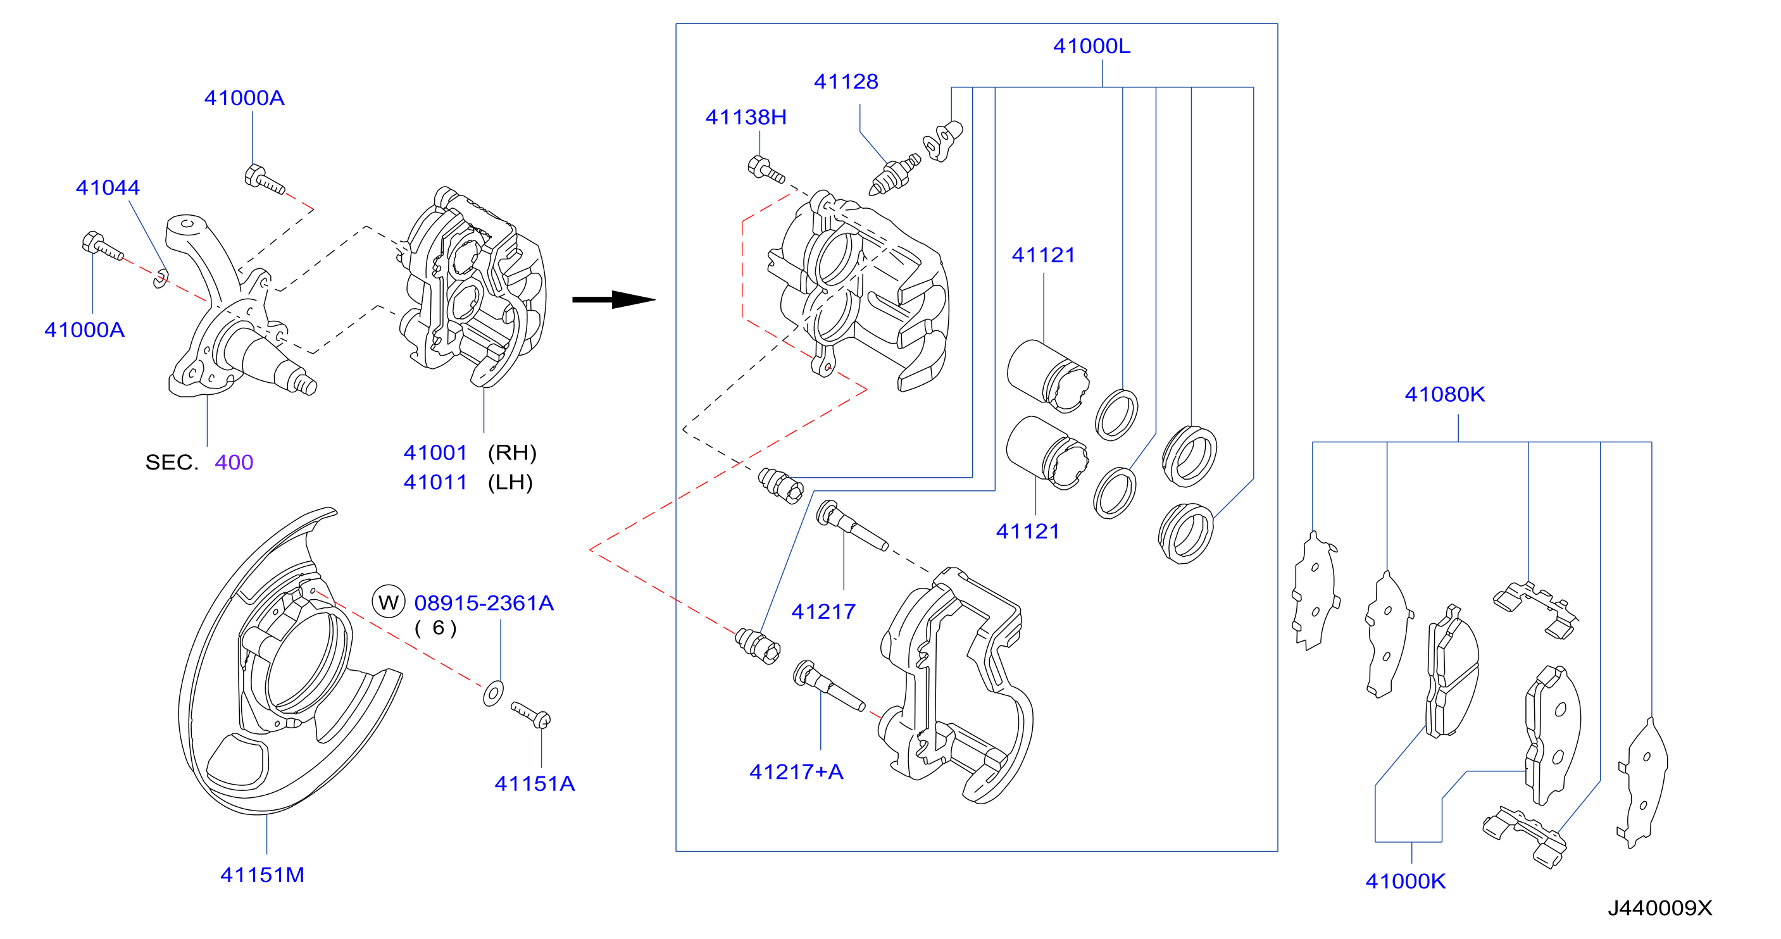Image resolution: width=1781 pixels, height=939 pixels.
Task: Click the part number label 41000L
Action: (1091, 46)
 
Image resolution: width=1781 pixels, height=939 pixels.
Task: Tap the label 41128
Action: (846, 82)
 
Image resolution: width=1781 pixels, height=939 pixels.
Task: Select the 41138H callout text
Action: (746, 117)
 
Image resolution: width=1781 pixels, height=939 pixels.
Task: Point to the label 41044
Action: (107, 187)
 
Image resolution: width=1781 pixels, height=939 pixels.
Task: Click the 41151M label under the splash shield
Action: (262, 874)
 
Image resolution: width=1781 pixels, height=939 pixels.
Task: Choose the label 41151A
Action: (534, 783)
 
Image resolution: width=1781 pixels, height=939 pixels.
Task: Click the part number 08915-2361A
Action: (484, 603)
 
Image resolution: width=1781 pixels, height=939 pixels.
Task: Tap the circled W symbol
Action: (389, 602)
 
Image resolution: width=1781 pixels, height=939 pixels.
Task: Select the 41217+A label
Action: (796, 772)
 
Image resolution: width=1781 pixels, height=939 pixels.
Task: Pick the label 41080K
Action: (1444, 394)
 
